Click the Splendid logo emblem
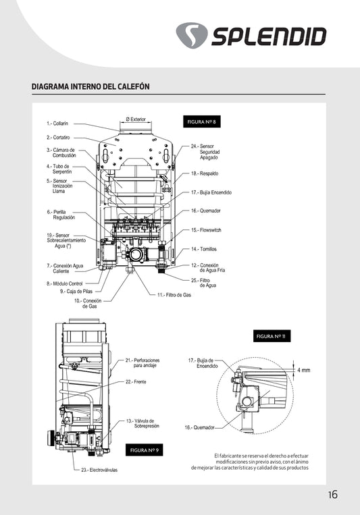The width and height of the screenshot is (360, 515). (192, 36)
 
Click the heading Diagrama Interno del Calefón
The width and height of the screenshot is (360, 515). (91, 86)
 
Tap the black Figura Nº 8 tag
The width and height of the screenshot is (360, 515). (201, 122)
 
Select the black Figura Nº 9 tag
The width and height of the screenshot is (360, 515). (145, 450)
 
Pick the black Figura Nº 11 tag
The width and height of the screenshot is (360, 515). (272, 336)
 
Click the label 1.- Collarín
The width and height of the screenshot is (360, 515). (57, 124)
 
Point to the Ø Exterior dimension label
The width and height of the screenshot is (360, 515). (136, 119)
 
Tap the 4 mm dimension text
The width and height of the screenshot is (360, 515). (304, 370)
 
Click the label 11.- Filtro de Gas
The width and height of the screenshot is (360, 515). (174, 295)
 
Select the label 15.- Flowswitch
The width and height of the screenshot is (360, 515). (206, 230)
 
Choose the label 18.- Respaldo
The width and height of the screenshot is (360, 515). (205, 173)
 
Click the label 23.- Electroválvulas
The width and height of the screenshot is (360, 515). (99, 470)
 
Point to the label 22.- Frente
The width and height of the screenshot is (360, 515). (136, 382)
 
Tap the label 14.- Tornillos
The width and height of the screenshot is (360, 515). (204, 249)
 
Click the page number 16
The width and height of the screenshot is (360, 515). (333, 495)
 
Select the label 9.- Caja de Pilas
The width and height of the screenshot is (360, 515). (76, 292)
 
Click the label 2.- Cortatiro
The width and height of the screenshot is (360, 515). (58, 138)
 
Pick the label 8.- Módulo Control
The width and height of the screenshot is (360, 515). (64, 283)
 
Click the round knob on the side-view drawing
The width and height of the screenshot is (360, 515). (50, 437)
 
